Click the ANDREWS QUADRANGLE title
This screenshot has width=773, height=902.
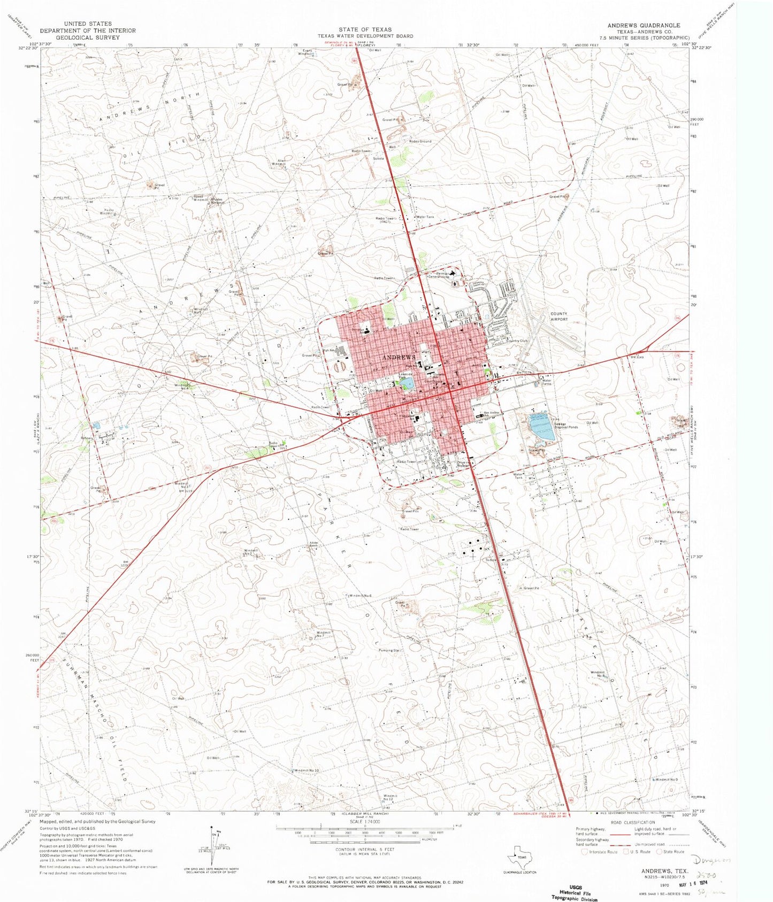click(644, 25)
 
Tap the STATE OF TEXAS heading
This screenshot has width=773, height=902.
click(365, 30)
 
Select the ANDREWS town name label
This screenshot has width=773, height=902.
click(399, 357)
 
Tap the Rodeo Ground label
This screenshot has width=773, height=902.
click(420, 141)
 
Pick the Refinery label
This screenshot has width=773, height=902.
click(87, 438)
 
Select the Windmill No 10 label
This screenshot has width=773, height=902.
click(307, 770)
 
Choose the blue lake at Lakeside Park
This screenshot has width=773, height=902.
click(406, 383)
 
